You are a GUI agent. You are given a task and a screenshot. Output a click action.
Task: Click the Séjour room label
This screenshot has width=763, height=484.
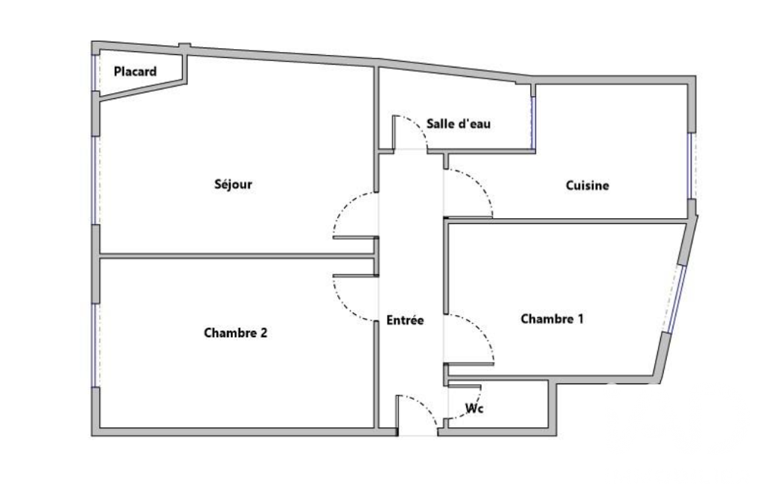[x=233, y=184]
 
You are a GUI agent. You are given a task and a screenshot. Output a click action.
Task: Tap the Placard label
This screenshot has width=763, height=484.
[x=135, y=71]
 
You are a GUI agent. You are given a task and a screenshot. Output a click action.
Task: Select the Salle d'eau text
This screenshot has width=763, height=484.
[x=459, y=124]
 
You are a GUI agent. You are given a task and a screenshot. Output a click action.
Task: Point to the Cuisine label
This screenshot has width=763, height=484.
[x=587, y=185]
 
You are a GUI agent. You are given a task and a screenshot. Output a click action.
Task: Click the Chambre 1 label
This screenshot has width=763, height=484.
[x=552, y=319]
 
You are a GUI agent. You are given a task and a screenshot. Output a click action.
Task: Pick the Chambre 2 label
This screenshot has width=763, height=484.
[x=235, y=333]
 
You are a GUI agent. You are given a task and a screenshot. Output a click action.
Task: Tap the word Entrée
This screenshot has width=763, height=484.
[x=405, y=320]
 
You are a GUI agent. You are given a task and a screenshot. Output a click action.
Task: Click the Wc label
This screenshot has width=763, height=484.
[x=474, y=408]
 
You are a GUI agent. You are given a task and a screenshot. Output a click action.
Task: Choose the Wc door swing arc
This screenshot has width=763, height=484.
[x=473, y=409]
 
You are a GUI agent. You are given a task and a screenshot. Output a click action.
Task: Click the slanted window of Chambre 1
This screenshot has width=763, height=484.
[x=677, y=299]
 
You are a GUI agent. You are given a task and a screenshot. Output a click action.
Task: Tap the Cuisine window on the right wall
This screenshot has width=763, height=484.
[x=691, y=165]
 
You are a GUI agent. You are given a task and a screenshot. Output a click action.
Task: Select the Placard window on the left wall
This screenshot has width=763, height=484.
[x=95, y=72]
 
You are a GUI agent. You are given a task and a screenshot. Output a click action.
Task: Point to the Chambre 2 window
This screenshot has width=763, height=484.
[x=95, y=346]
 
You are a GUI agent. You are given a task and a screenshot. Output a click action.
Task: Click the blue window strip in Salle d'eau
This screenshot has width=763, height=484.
[x=533, y=121]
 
